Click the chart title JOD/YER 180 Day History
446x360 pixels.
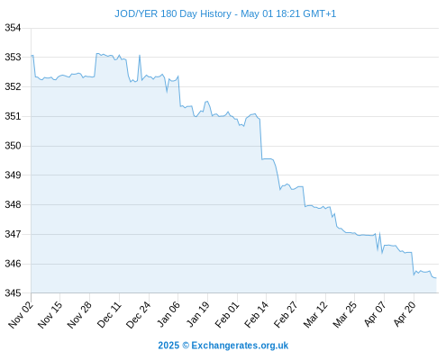pyautogui.click(x=173, y=13)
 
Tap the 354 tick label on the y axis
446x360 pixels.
pyautogui.click(x=13, y=28)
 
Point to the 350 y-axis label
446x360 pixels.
pyautogui.click(x=13, y=146)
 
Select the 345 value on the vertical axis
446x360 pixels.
pyautogui.click(x=13, y=292)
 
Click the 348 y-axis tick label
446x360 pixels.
pyautogui.click(x=13, y=204)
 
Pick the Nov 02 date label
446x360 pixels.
pyautogui.click(x=20, y=314)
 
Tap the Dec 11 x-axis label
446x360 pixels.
pyautogui.click(x=109, y=314)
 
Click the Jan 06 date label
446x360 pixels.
pyautogui.click(x=168, y=314)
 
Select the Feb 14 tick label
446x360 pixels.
pyautogui.click(x=256, y=314)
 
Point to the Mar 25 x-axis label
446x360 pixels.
pyautogui.click(x=345, y=314)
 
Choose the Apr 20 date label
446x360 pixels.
pyautogui.click(x=405, y=314)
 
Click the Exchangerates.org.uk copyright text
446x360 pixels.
pyautogui.click(x=240, y=346)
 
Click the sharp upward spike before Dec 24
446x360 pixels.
pyautogui.click(x=140, y=56)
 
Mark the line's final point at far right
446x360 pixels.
pyautogui.click(x=436, y=278)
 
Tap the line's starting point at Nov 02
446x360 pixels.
pyautogui.click(x=32, y=56)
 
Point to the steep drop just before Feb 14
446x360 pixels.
pyautogui.click(x=260, y=139)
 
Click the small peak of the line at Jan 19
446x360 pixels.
pyautogui.click(x=206, y=102)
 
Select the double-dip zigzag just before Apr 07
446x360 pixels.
pyautogui.click(x=379, y=243)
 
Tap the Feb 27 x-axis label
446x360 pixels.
pyautogui.click(x=286, y=314)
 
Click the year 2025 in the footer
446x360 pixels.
pyautogui.click(x=168, y=346)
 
